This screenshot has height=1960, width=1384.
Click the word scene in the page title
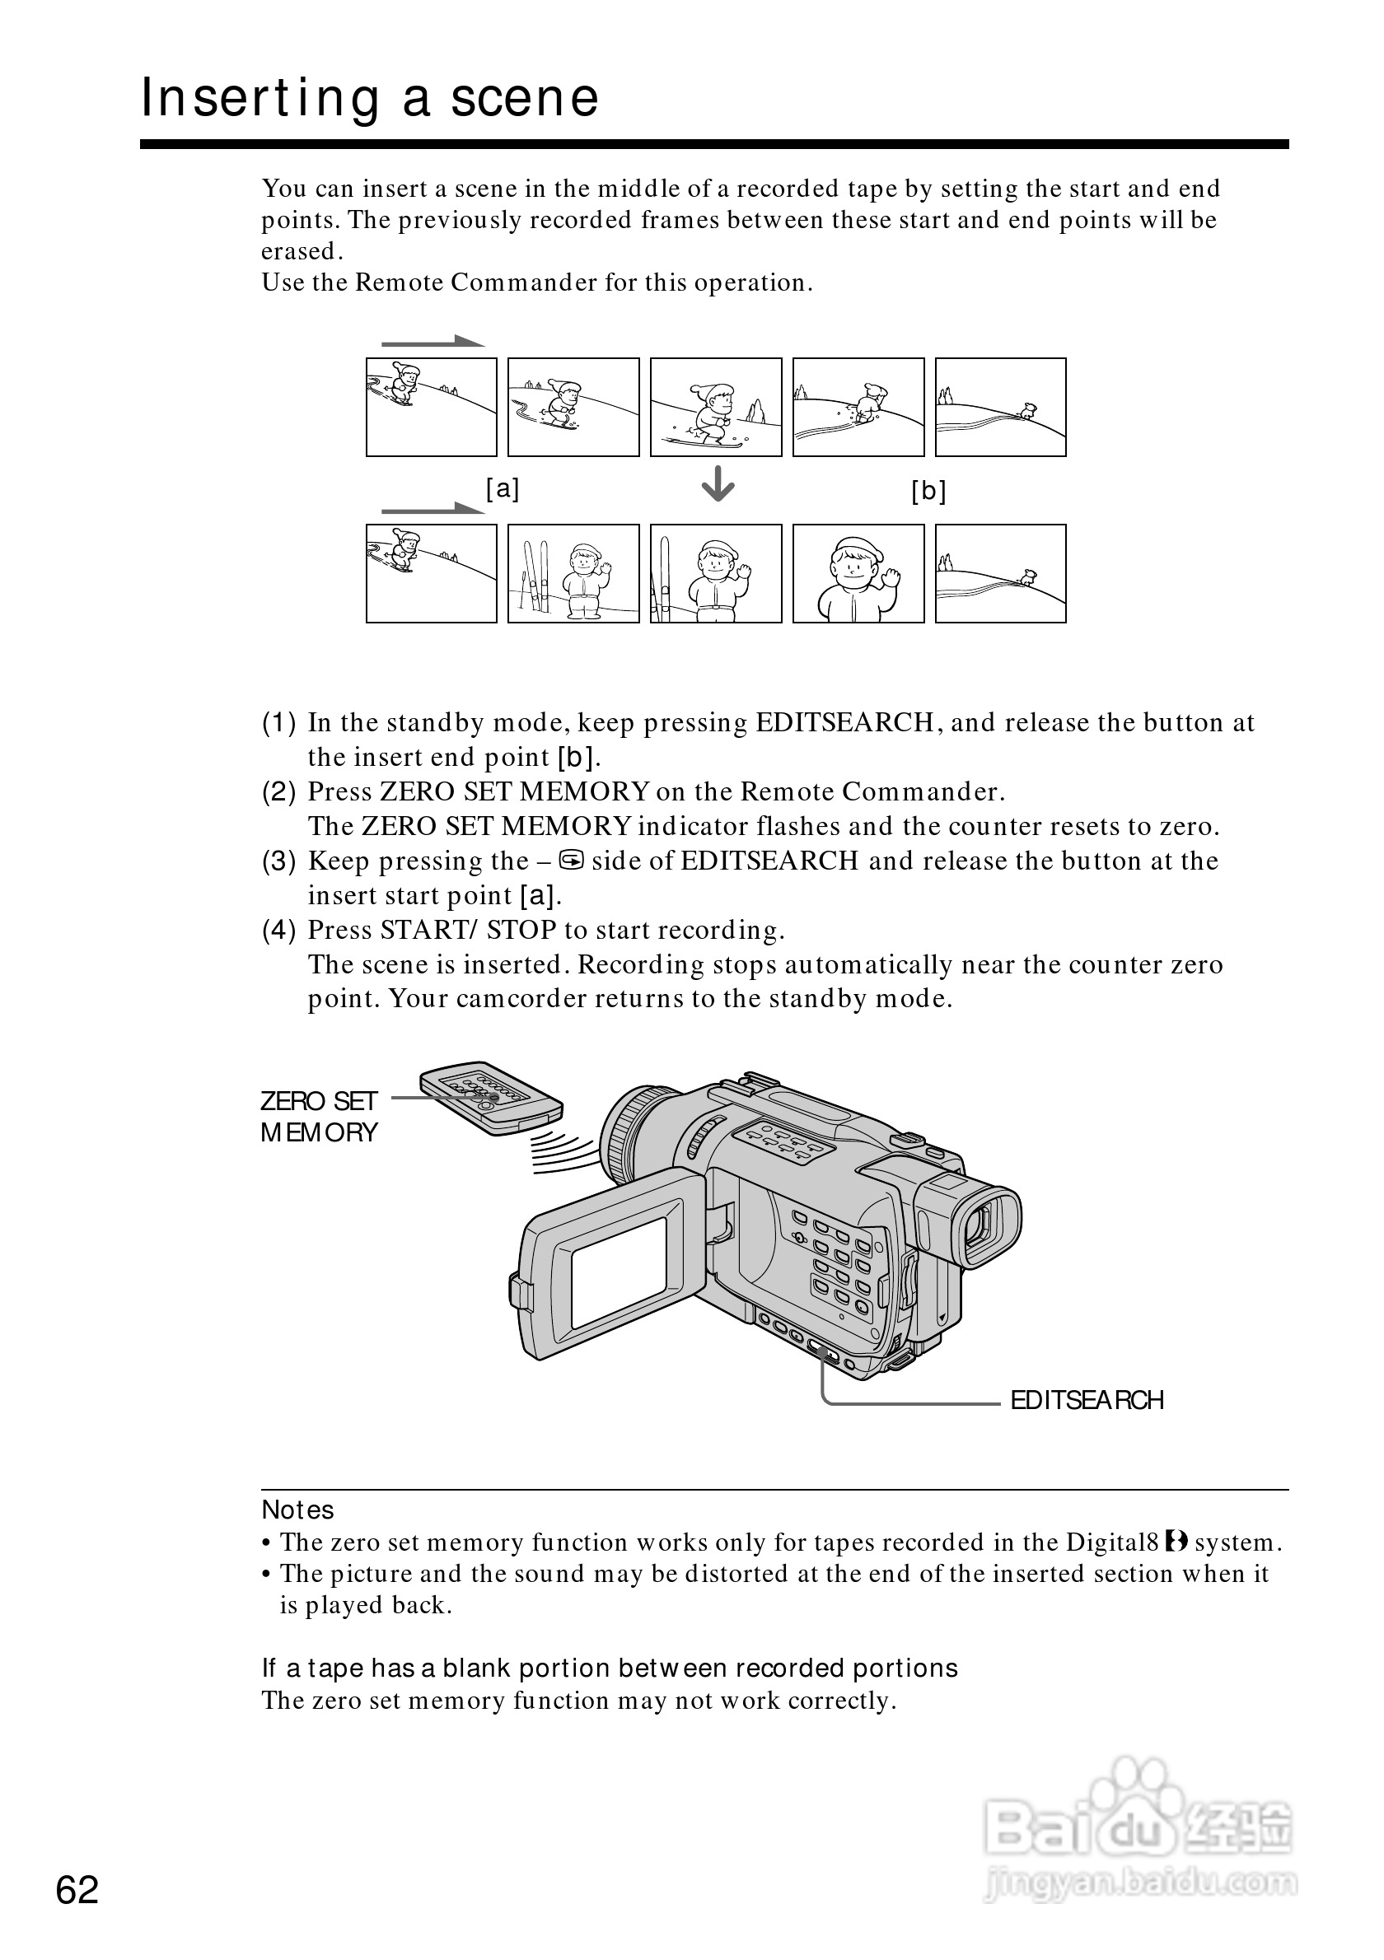tap(524, 97)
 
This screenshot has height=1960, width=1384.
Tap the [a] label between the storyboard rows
tap(502, 489)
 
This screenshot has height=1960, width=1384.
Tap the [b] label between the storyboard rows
tap(928, 491)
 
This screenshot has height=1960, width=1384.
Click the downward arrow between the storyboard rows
tap(718, 485)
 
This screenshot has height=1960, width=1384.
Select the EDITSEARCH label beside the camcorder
tap(1086, 1401)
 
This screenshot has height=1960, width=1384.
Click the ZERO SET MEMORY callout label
tap(319, 1117)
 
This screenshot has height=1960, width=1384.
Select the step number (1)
tap(278, 723)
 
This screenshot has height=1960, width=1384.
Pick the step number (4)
tap(278, 930)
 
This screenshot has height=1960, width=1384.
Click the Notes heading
tap(297, 1510)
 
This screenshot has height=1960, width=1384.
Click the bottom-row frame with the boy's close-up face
tap(858, 574)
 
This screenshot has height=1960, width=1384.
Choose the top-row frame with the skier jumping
tap(716, 407)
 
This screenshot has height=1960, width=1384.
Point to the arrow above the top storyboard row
tap(432, 343)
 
